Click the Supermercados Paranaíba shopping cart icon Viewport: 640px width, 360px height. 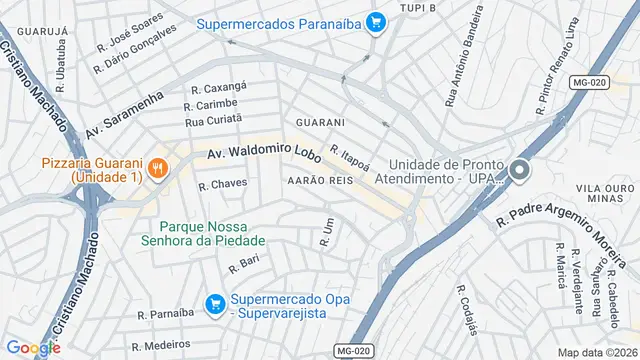click(x=376, y=22)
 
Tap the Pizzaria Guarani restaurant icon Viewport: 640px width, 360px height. click(x=157, y=170)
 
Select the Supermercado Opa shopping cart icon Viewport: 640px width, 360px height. click(x=214, y=302)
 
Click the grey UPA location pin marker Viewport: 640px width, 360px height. click(x=519, y=171)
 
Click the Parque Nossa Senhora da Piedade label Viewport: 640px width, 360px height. click(x=213, y=232)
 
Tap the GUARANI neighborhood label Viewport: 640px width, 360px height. click(x=320, y=122)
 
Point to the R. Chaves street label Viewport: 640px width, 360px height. click(x=222, y=185)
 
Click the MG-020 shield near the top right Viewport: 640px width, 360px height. click(x=590, y=82)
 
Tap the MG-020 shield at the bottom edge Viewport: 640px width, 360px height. click(x=355, y=350)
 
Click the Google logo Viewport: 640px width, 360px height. click(x=33, y=348)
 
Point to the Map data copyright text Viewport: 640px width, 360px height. click(x=597, y=352)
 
